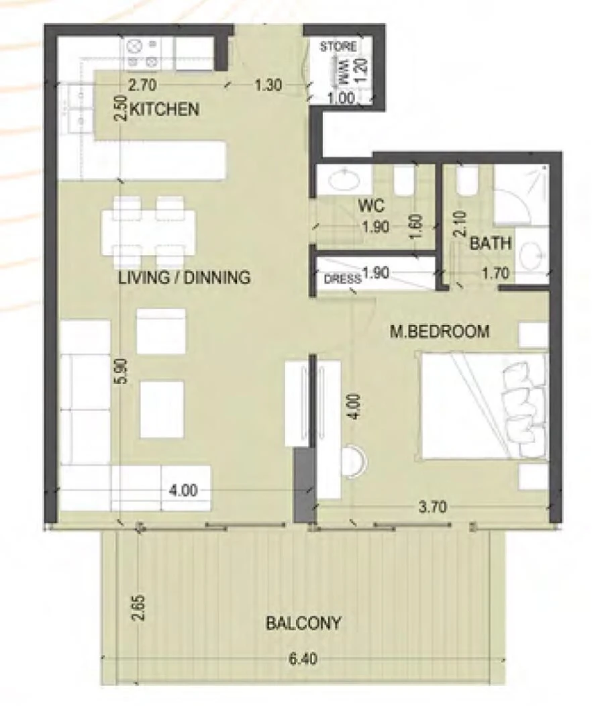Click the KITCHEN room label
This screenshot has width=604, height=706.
tap(164, 109)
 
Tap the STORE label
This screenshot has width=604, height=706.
tap(338, 48)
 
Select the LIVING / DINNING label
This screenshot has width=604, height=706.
tap(185, 276)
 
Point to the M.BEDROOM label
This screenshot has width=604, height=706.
tap(440, 331)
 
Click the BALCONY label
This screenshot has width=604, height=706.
tap(303, 623)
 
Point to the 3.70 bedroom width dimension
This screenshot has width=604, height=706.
tap(432, 507)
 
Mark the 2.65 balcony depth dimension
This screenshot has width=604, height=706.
tap(138, 607)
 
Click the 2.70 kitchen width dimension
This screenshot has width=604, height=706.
tap(142, 85)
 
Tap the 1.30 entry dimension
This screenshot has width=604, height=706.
tap(268, 85)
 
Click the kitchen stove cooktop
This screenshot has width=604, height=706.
tap(143, 53)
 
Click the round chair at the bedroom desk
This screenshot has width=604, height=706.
tap(352, 462)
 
